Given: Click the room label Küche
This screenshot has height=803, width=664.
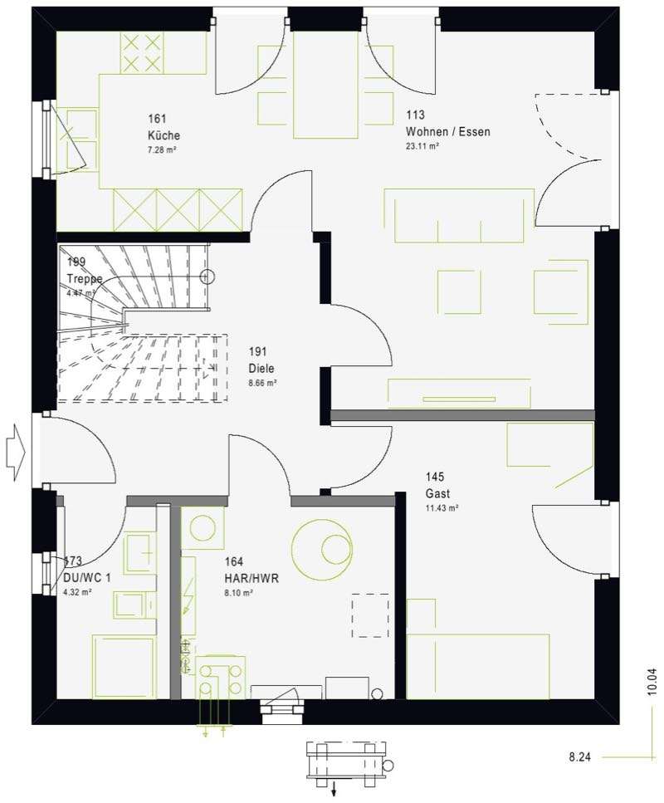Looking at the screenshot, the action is (164, 135).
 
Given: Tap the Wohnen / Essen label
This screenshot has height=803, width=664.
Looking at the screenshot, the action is (448, 131).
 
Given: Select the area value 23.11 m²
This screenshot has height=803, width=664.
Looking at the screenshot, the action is (422, 146).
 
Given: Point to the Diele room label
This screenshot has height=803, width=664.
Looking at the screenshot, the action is (261, 368).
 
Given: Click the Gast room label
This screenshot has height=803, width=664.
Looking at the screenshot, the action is (437, 494).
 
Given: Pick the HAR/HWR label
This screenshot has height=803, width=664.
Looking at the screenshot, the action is (251, 578).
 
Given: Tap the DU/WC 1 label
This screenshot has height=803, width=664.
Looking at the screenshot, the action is (86, 578).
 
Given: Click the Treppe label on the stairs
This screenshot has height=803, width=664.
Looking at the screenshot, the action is (85, 279).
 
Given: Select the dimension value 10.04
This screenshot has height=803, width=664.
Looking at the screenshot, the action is (652, 682).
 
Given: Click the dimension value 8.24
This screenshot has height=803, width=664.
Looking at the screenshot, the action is (579, 756).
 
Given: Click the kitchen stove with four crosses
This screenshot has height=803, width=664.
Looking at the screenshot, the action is (142, 53).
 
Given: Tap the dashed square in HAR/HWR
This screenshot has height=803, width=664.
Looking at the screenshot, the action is (370, 615).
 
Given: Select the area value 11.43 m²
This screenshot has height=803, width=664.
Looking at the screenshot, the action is (442, 508).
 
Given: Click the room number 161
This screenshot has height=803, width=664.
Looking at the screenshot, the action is (157, 119).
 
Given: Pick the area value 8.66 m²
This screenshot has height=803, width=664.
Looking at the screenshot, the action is (262, 383).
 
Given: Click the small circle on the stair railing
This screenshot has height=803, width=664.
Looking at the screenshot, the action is (207, 277).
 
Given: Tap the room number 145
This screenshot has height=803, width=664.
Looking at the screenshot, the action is (435, 477).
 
